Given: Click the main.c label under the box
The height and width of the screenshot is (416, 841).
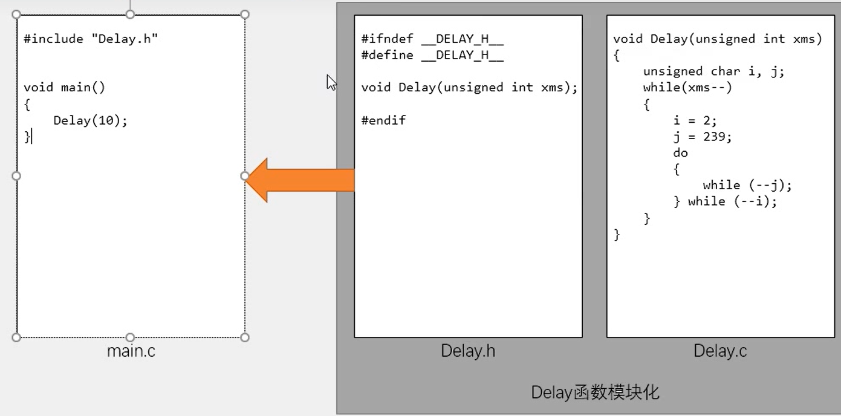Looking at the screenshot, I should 131,351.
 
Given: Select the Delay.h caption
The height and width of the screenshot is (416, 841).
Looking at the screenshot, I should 468,351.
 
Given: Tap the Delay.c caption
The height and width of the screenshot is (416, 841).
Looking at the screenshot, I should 720,351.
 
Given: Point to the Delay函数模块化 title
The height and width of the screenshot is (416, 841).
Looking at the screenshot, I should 595,393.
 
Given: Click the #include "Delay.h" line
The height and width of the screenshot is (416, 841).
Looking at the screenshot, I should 91,39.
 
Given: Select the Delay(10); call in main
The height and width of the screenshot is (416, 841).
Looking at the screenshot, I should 91,120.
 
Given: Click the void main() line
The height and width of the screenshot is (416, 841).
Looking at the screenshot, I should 65,88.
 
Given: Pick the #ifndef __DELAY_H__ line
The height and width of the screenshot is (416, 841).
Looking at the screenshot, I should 432,39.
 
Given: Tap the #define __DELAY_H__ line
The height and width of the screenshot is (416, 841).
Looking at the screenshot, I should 432,56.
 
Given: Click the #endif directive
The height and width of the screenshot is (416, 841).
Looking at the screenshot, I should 383,120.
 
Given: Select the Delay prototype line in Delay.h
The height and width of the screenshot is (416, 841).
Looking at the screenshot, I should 469,88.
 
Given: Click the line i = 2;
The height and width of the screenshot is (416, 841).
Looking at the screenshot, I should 695,120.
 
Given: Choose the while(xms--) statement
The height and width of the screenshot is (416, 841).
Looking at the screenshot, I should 687,88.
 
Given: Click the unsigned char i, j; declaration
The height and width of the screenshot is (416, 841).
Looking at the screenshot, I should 713,71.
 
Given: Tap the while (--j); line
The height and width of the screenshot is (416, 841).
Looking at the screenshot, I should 747,185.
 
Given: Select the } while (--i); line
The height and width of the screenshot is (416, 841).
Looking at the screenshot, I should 725,201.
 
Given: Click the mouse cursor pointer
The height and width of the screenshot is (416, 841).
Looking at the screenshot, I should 331,82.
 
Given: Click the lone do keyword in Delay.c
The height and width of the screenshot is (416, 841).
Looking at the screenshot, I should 680,153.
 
